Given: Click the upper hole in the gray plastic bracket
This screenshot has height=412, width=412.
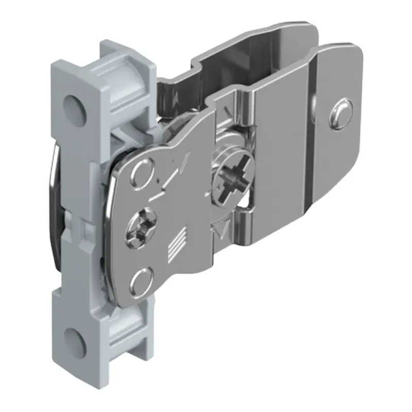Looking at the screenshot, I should point(73,107).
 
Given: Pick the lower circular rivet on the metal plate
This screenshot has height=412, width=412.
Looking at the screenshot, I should point(141,281).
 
